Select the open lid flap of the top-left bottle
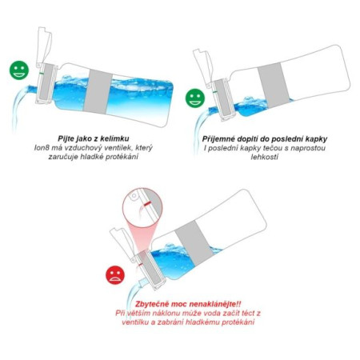(x=43, y=40)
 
